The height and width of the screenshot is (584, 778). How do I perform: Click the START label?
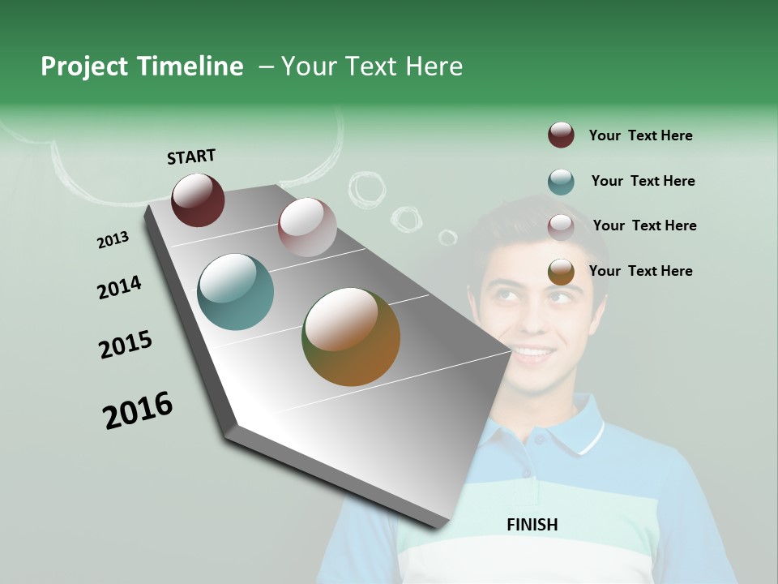click(x=191, y=157)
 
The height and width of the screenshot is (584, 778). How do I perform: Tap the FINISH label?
click(x=532, y=525)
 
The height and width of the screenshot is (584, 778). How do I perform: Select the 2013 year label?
click(x=113, y=240)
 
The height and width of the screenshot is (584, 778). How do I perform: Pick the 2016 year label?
click(x=138, y=410)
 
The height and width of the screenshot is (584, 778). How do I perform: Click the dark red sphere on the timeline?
click(x=198, y=200)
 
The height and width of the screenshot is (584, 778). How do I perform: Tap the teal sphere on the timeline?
click(x=236, y=292)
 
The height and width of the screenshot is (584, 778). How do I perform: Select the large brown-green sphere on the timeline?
click(x=351, y=337)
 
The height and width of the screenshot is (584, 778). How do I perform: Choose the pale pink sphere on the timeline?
click(x=307, y=227)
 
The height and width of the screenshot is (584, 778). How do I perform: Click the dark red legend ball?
click(x=561, y=135)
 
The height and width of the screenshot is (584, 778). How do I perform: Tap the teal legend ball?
click(x=561, y=182)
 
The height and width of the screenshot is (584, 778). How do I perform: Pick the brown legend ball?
click(x=561, y=272)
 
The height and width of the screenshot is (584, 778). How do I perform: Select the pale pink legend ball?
click(x=561, y=226)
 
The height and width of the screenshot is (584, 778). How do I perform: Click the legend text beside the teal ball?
click(x=643, y=181)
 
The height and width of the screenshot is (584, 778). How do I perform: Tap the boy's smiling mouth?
click(x=532, y=353)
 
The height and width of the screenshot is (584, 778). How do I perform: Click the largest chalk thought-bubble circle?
click(x=366, y=187)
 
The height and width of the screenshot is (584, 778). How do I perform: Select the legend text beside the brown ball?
click(x=640, y=271)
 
